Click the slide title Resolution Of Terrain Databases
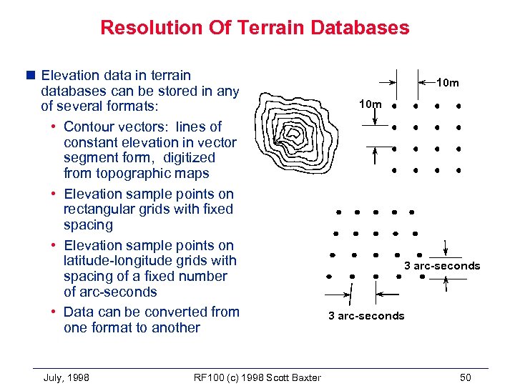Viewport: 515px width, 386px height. [255, 28]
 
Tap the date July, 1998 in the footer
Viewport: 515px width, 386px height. [67, 377]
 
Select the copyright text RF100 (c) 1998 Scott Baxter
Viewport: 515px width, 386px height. [257, 377]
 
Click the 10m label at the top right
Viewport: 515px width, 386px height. [448, 83]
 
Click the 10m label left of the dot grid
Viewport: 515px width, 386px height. [370, 104]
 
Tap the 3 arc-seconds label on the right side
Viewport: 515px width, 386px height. [442, 266]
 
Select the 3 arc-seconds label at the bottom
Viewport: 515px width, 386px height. [366, 316]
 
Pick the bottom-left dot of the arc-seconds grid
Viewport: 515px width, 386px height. [328, 277]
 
